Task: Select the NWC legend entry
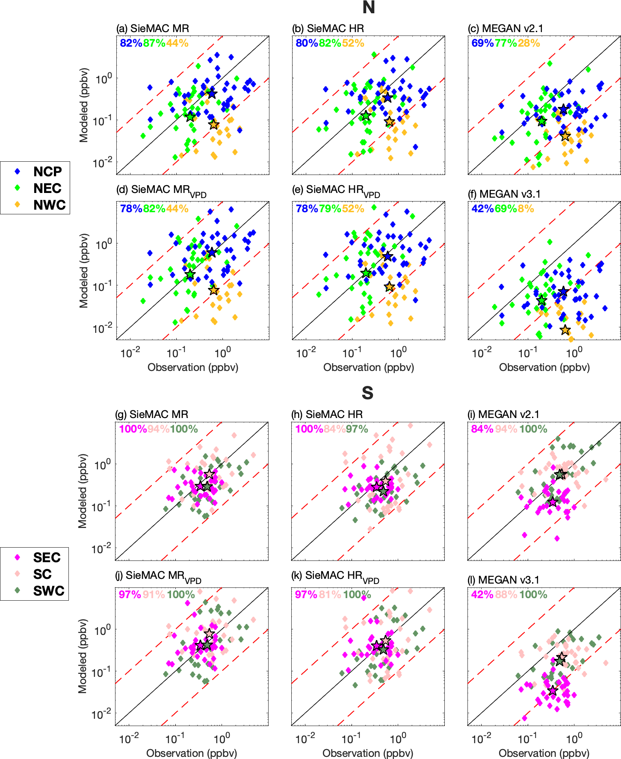[x=40, y=205]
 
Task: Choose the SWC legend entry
[x=40, y=591]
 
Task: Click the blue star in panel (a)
[x=212, y=94]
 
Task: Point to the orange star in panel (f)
[x=565, y=330]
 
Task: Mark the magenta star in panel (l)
[x=553, y=691]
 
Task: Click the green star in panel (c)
[x=542, y=121]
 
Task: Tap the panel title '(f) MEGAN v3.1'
[x=504, y=194]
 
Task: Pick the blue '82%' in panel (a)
[x=131, y=43]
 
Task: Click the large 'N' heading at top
[x=368, y=8]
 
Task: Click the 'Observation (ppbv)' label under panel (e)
[x=369, y=368]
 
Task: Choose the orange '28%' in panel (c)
[x=529, y=43]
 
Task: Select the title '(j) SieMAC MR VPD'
[x=158, y=576]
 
